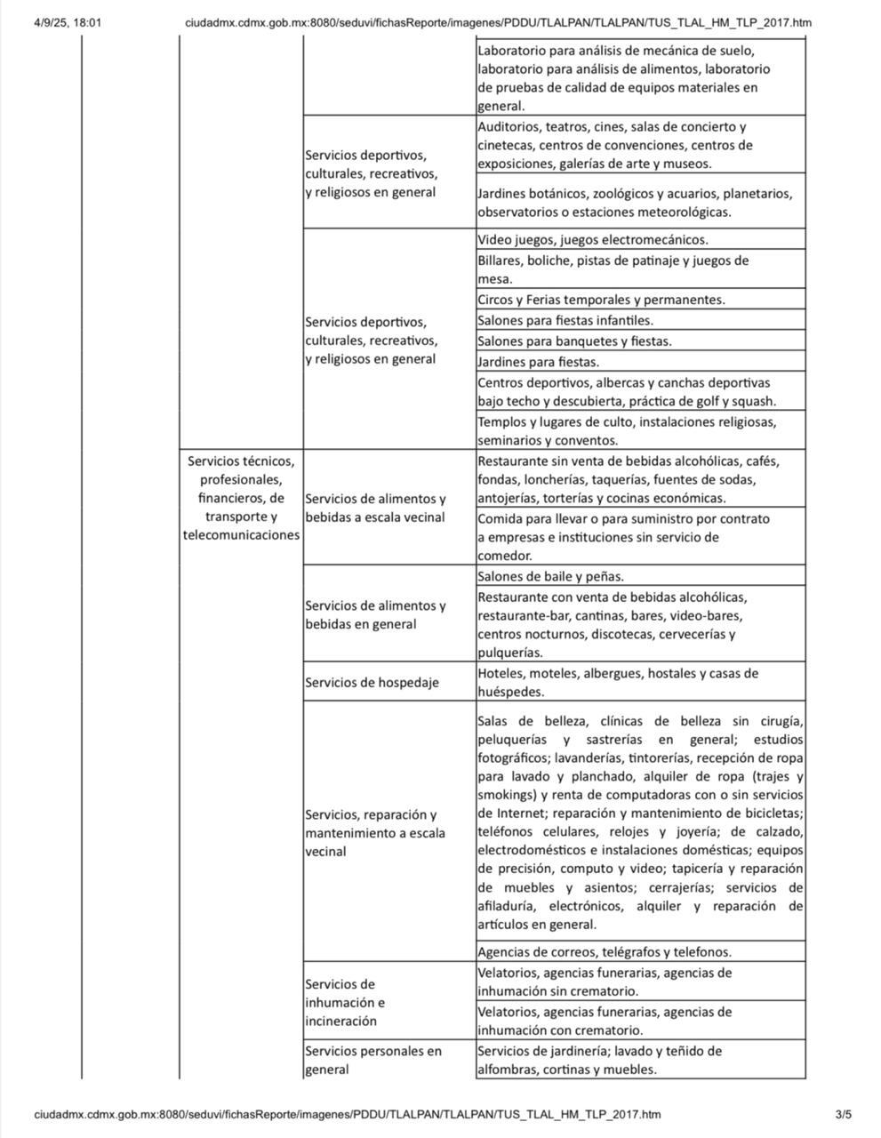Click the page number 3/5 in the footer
(x=843, y=1114)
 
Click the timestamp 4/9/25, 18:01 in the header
(x=68, y=22)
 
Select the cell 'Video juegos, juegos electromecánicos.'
(x=592, y=240)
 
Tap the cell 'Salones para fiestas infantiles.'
(x=565, y=321)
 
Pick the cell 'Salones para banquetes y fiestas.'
(x=574, y=341)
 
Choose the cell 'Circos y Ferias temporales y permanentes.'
(x=601, y=300)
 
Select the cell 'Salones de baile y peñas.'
(x=550, y=576)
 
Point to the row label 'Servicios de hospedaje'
(x=372, y=682)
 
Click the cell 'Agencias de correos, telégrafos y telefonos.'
(x=605, y=951)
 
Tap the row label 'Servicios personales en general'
(x=373, y=1060)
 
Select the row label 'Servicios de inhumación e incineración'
(x=345, y=1002)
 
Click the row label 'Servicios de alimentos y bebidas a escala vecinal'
(x=375, y=508)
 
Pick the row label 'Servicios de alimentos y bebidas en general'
(x=375, y=614)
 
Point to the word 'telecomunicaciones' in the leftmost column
(x=241, y=535)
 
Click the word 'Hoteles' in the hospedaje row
(x=499, y=673)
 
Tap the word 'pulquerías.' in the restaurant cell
(x=510, y=653)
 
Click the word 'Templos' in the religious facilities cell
(x=501, y=421)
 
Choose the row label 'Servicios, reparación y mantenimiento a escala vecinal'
(x=375, y=833)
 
